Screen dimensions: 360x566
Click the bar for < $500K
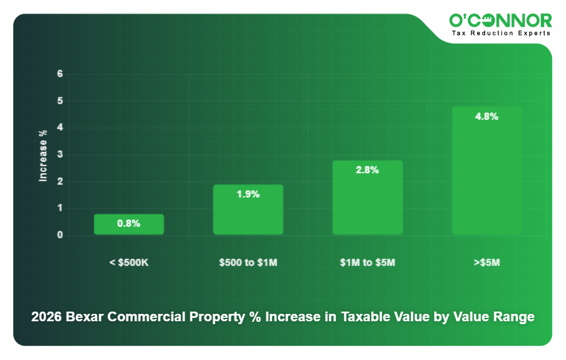(x=129, y=224)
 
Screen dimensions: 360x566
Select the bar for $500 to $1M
(x=248, y=210)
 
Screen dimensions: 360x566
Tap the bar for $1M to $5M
(x=367, y=198)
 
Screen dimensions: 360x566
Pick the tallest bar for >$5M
(x=487, y=170)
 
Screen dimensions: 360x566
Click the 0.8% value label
(x=129, y=224)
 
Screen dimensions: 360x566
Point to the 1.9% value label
(x=248, y=194)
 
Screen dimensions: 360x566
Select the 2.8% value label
(x=367, y=170)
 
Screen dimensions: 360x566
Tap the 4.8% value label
(x=487, y=117)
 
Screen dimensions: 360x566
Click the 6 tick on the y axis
(x=60, y=74)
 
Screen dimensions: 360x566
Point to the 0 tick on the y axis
(x=60, y=235)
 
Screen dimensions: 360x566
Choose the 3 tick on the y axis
(x=60, y=155)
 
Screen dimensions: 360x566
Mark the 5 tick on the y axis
(x=60, y=101)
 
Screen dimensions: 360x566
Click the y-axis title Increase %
(x=43, y=155)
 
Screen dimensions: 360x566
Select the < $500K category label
(x=129, y=263)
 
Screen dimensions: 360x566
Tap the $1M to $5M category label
(x=367, y=263)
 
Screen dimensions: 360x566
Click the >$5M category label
(x=487, y=263)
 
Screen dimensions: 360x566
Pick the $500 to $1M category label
(x=248, y=263)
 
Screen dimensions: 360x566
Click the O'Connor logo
(x=501, y=21)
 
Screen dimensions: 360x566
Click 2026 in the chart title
(x=46, y=317)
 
